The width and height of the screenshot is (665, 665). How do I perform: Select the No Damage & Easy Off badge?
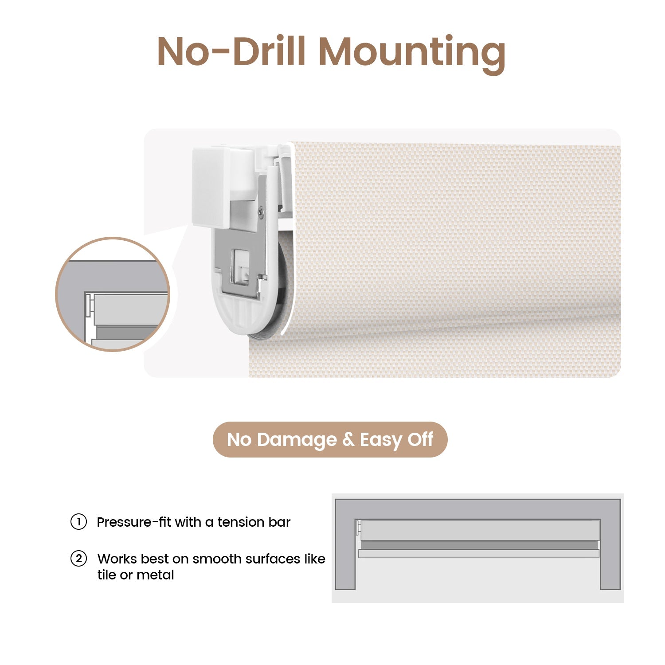coord(330,439)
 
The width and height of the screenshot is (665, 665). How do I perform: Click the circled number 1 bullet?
coord(78,522)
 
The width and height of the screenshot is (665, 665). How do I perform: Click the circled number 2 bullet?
coord(78,559)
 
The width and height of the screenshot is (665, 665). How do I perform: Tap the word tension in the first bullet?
coord(235,522)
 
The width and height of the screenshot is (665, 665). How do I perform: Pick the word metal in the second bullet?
coord(155,575)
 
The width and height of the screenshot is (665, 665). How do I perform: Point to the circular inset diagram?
coord(113,294)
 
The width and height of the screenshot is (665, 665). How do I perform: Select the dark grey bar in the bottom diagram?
coord(479,545)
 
